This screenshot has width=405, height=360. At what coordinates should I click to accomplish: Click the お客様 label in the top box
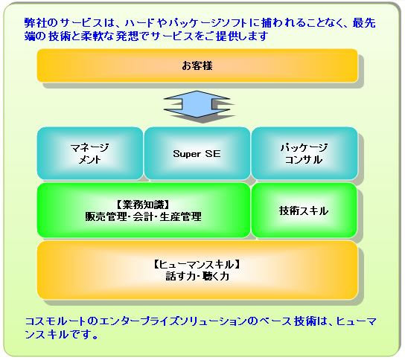click(x=197, y=65)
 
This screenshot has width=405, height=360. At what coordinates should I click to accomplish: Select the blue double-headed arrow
click(x=197, y=104)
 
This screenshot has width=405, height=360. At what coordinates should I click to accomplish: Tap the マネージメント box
click(x=90, y=153)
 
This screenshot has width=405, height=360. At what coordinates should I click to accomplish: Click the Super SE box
click(x=197, y=153)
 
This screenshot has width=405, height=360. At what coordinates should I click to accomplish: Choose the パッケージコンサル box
click(x=304, y=153)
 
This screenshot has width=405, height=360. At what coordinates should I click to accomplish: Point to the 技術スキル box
click(x=304, y=210)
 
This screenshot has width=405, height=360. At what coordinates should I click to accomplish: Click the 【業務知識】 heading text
click(x=143, y=205)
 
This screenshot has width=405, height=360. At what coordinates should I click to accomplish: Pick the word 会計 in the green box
click(x=143, y=216)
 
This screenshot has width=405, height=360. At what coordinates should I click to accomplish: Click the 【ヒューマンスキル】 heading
click(x=197, y=265)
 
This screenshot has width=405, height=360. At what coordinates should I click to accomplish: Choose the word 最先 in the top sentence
click(x=364, y=23)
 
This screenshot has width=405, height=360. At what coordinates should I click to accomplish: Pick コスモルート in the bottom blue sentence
click(x=55, y=321)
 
